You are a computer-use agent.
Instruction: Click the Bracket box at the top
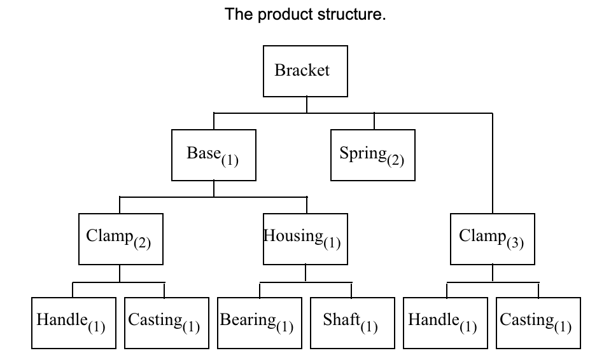[x=305, y=71]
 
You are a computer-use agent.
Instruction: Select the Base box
[x=213, y=155]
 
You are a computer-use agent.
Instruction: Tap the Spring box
[x=372, y=155]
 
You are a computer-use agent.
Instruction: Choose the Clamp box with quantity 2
[x=120, y=239]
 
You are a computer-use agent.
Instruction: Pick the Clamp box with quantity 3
[x=492, y=239]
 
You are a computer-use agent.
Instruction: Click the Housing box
[x=305, y=239]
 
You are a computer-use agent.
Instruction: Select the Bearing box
[x=259, y=322]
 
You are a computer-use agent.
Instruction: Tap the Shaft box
[x=352, y=322]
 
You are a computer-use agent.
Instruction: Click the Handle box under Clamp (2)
[x=73, y=322]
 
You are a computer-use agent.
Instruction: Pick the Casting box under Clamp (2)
[x=165, y=322]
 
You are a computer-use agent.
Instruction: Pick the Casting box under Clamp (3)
[x=538, y=322]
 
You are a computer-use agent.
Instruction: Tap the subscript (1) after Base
[x=229, y=160]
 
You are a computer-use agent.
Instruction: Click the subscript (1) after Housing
[x=332, y=243]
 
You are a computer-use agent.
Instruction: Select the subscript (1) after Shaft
[x=369, y=327]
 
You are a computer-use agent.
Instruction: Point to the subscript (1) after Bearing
[x=284, y=327]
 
